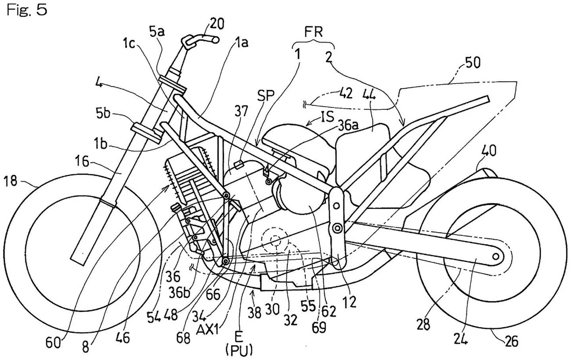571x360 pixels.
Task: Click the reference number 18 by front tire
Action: coord(12,180)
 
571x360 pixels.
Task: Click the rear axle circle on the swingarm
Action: coord(496,256)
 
